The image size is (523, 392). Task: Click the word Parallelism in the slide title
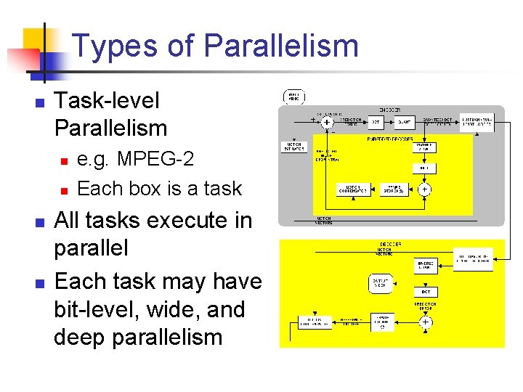pyautogui.click(x=281, y=46)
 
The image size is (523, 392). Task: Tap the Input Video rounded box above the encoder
pyautogui.click(x=295, y=96)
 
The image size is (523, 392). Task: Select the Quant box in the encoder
pyautogui.click(x=405, y=123)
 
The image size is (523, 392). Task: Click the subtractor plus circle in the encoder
pyautogui.click(x=327, y=123)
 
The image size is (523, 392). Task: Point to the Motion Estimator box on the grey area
pyautogui.click(x=294, y=147)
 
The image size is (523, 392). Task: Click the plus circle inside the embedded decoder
pyautogui.click(x=425, y=189)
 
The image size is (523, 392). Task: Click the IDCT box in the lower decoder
pyautogui.click(x=425, y=291)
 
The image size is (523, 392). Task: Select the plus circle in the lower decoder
pyautogui.click(x=425, y=322)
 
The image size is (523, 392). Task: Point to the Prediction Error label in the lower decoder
pyautogui.click(x=425, y=307)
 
